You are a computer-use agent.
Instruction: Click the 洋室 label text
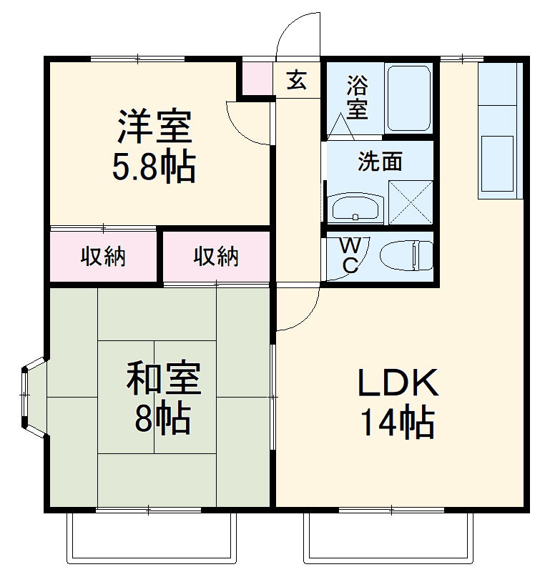click(154, 127)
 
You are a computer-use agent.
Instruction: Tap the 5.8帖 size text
click(154, 167)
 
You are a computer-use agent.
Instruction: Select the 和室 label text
click(164, 379)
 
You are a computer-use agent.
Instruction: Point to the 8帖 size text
click(163, 418)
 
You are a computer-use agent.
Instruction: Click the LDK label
click(398, 385)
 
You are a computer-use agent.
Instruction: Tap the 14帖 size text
click(398, 423)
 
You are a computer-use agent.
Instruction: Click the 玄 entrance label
click(297, 80)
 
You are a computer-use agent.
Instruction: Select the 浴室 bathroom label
click(357, 98)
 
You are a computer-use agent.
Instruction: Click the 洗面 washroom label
click(380, 162)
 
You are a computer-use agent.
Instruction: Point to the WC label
click(350, 255)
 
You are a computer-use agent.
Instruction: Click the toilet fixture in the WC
click(406, 256)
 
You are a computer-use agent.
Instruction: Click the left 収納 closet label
click(103, 256)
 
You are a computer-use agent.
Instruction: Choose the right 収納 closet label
click(216, 256)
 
